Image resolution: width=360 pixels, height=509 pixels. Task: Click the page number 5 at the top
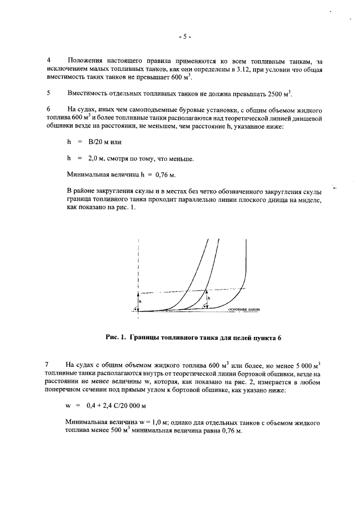tap(184, 37)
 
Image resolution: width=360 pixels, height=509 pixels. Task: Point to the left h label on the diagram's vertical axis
tap(141, 301)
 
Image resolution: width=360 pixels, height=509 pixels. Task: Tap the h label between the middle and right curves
tap(208, 298)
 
